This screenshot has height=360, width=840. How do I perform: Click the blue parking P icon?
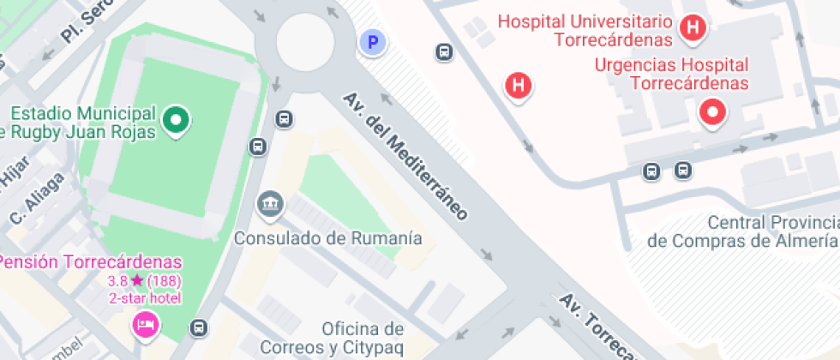373,41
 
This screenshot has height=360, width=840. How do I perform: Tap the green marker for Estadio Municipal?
176,121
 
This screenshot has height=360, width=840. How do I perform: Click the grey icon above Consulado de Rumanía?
270,205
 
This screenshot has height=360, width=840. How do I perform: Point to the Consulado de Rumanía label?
329,237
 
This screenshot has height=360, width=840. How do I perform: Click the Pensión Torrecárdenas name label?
91,261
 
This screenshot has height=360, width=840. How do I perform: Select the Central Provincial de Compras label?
742,231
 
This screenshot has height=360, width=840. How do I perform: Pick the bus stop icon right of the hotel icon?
199,327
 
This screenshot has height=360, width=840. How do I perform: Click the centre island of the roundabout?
304,40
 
